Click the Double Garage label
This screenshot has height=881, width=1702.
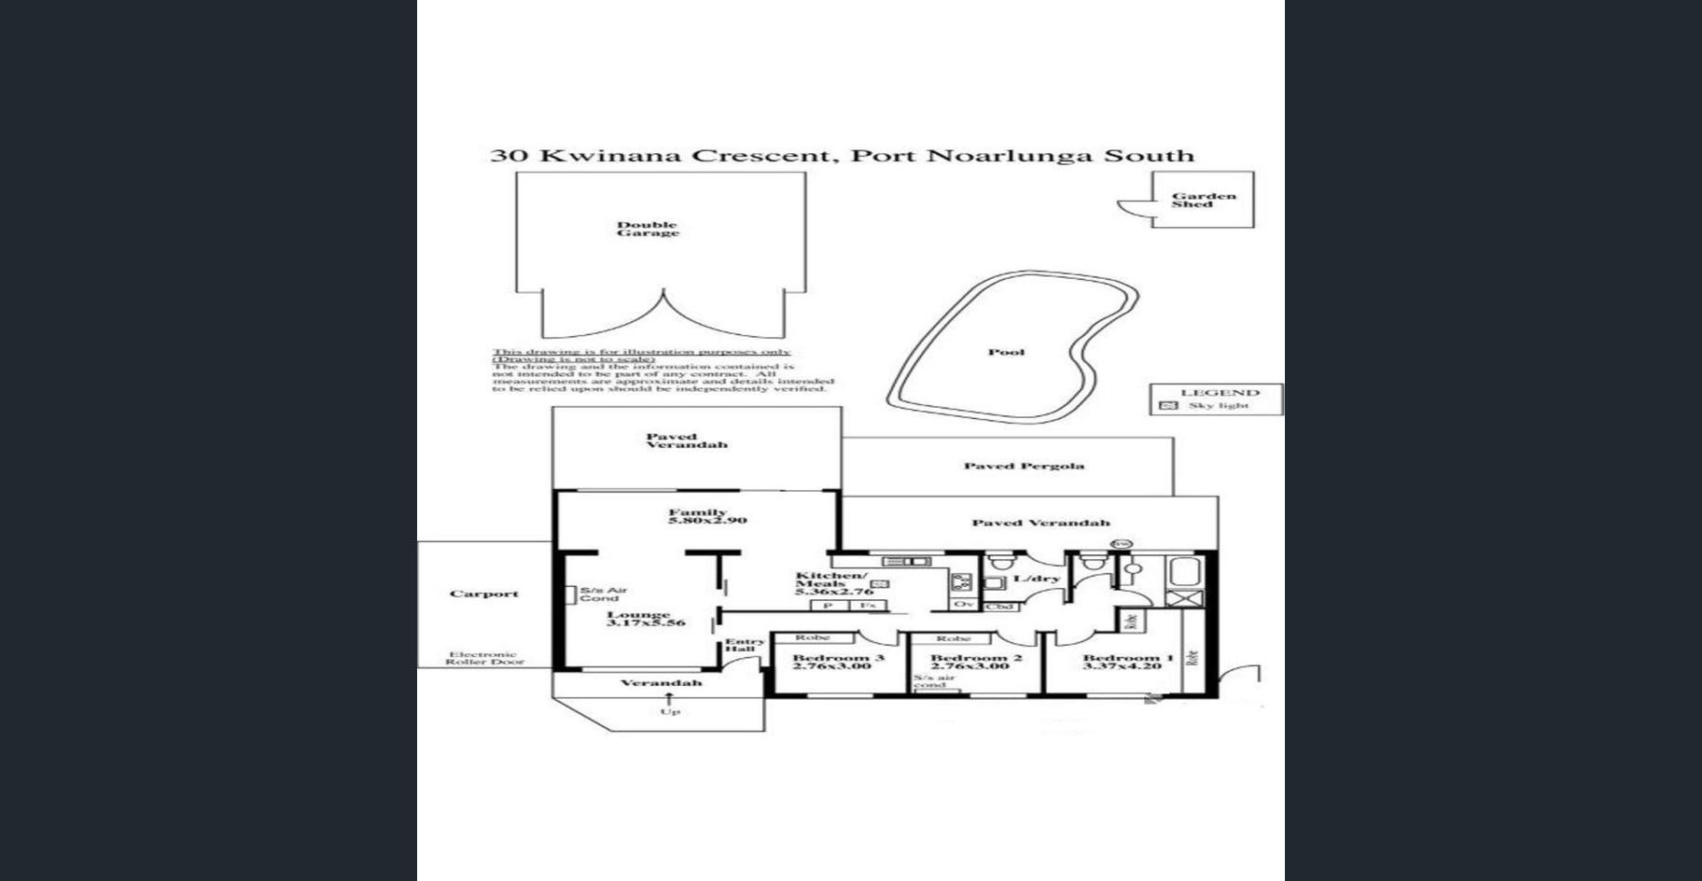[x=648, y=229]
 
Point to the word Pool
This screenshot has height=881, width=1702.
[x=1006, y=352]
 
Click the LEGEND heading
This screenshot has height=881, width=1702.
[x=1220, y=393]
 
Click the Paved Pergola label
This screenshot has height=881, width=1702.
[x=1024, y=466]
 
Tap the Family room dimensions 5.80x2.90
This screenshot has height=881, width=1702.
[x=707, y=520]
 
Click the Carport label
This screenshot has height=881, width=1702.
[x=483, y=594]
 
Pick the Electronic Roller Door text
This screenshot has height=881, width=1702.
[x=483, y=658]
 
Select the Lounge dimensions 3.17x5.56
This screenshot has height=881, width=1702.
[x=646, y=622]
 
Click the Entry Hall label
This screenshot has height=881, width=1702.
[x=744, y=645]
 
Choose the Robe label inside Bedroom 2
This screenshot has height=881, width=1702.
[x=953, y=638]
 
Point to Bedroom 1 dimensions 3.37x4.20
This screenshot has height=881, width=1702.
[x=1122, y=666]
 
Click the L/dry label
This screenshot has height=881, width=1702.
[x=1037, y=579]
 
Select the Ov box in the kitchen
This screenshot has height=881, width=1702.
[x=963, y=605]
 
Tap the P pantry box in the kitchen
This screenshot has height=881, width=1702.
[x=827, y=606]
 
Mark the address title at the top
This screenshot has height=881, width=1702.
[x=842, y=156]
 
